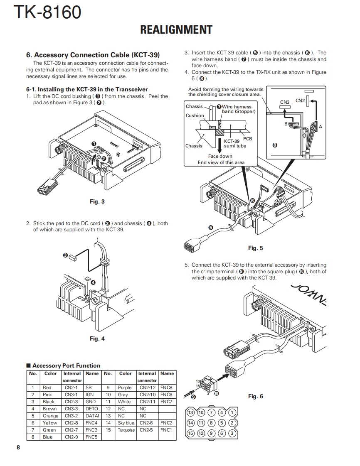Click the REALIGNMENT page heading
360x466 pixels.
tap(176, 30)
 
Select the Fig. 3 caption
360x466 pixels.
tap(97, 202)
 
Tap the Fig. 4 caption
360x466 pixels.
tap(97, 338)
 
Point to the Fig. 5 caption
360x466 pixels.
tap(255, 248)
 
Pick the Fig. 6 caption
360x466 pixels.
tap(255, 396)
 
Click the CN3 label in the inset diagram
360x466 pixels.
tap(285, 102)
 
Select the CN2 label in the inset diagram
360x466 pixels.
tap(300, 101)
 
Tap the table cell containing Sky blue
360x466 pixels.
tap(126, 423)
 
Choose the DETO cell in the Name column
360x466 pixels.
tap(91, 409)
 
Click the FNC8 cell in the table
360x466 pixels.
tap(166, 388)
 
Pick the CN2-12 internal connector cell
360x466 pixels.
tap(147, 388)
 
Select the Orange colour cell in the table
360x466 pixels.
tap(50, 416)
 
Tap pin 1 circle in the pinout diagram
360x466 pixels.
tap(232, 412)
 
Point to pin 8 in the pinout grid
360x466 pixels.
tap(212, 423)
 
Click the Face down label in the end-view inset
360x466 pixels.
tap(220, 157)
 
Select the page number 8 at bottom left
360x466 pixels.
tap(18, 447)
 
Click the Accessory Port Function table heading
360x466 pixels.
tap(66, 365)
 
